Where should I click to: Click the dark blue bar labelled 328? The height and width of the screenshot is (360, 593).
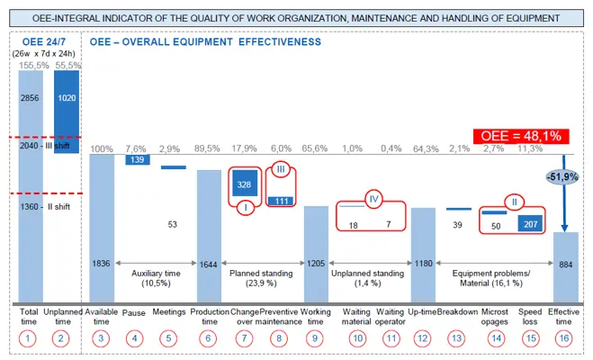(245, 183)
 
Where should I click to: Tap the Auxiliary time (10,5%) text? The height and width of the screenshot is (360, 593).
(156, 276)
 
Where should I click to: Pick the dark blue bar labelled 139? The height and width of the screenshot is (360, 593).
(137, 159)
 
